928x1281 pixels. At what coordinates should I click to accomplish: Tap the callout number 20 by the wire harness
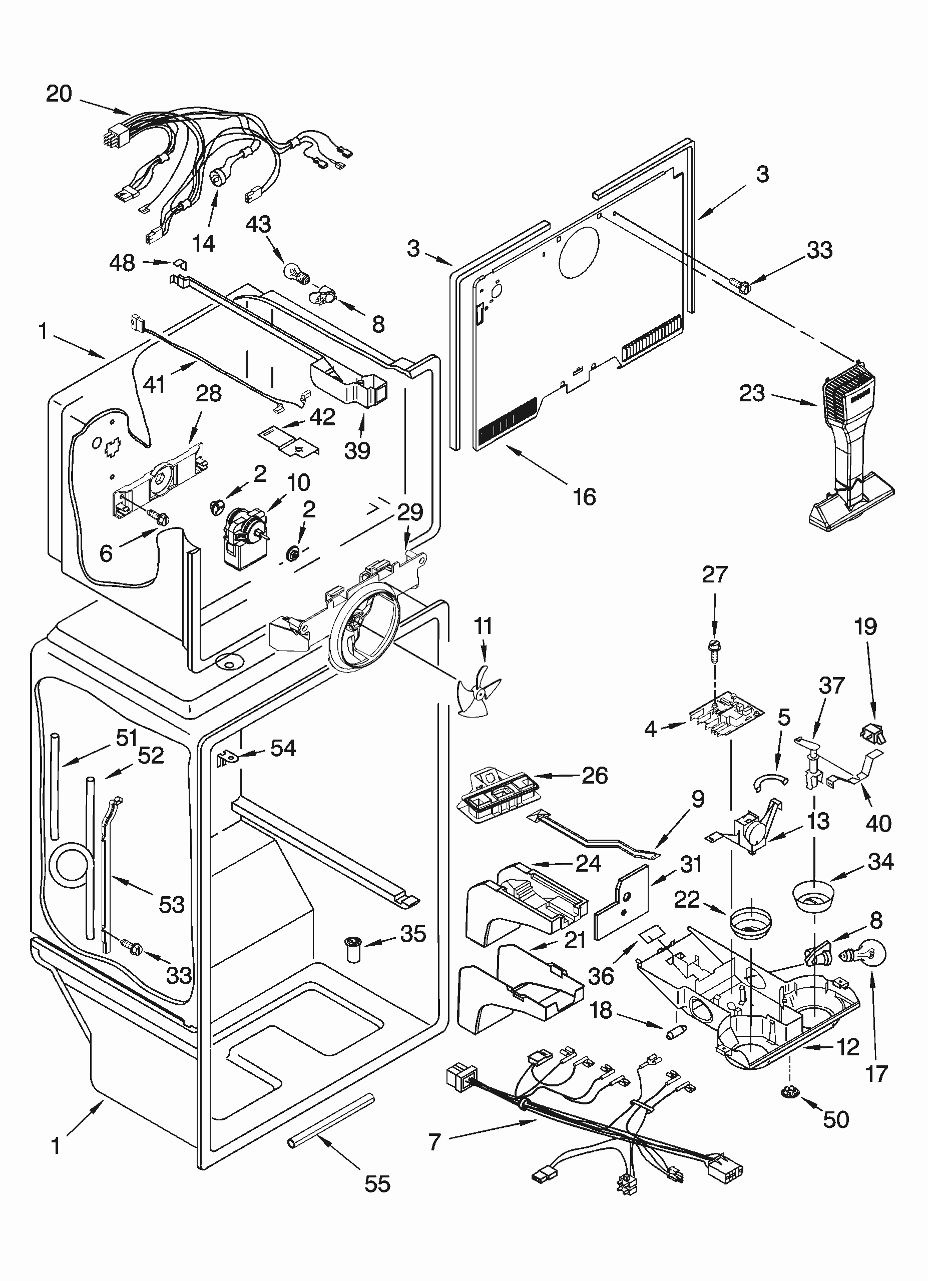[59, 93]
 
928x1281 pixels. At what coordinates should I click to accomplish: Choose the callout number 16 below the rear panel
[584, 496]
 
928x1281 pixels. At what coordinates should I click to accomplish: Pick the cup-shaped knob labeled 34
[814, 894]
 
